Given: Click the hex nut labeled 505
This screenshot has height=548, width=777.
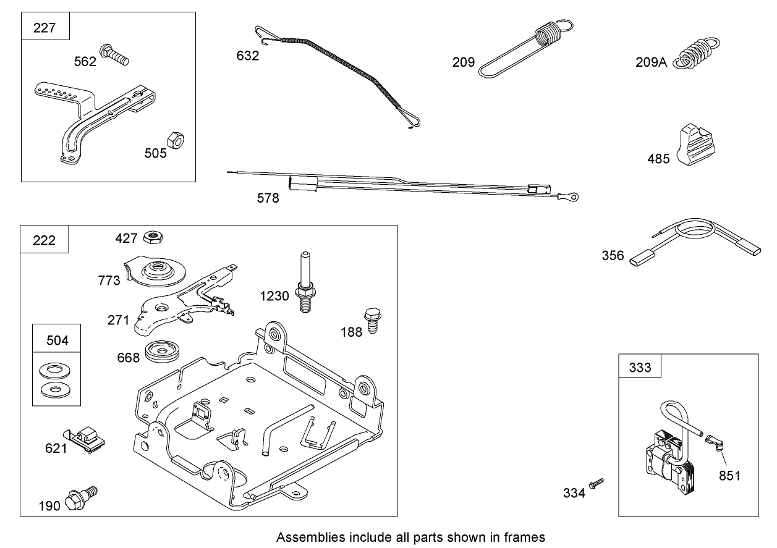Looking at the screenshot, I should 176,140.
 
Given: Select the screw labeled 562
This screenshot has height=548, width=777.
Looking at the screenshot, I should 116,56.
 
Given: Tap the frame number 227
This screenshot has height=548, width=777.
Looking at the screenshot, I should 45,28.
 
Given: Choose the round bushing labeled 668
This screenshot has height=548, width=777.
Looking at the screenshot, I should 162,353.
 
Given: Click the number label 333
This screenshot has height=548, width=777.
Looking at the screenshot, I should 640,368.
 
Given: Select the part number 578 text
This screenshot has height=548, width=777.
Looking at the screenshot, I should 268,198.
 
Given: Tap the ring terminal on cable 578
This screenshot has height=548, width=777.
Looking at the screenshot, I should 569,197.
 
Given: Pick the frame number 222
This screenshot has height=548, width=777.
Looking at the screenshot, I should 45,240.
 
